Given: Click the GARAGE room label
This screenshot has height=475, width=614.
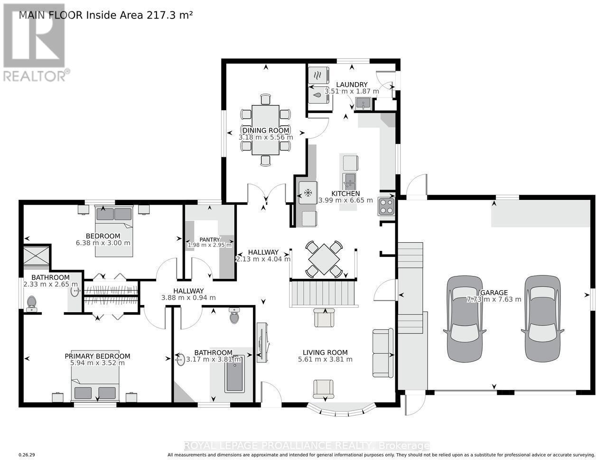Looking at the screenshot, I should coord(494,293).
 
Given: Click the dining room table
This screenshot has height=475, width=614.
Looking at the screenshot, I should coord(266,129).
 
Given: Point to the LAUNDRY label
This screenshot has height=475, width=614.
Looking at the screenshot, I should coord(352,85).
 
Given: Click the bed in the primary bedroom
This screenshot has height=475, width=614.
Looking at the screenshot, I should coord(95,385).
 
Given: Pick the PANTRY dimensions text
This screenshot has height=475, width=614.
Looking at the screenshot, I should coord(209,245).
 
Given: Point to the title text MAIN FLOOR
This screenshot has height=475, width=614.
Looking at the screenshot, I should coord(51,15).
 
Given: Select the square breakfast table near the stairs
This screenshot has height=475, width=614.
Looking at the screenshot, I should coord(324,259).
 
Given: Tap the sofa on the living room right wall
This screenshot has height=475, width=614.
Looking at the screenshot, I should coord(382,353).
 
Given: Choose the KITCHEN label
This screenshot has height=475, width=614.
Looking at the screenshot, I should coord(345,193).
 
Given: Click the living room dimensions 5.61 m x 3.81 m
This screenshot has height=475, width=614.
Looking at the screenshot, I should coord(325,359).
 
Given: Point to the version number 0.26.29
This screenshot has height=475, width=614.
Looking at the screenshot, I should coord(27,455).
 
